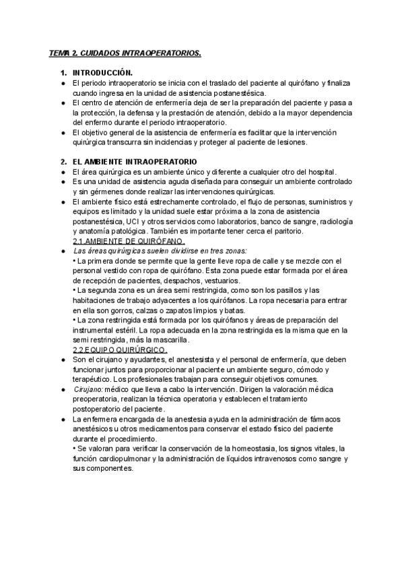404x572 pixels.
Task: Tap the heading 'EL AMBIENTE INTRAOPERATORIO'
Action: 135,162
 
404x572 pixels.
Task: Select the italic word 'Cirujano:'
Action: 88,391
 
